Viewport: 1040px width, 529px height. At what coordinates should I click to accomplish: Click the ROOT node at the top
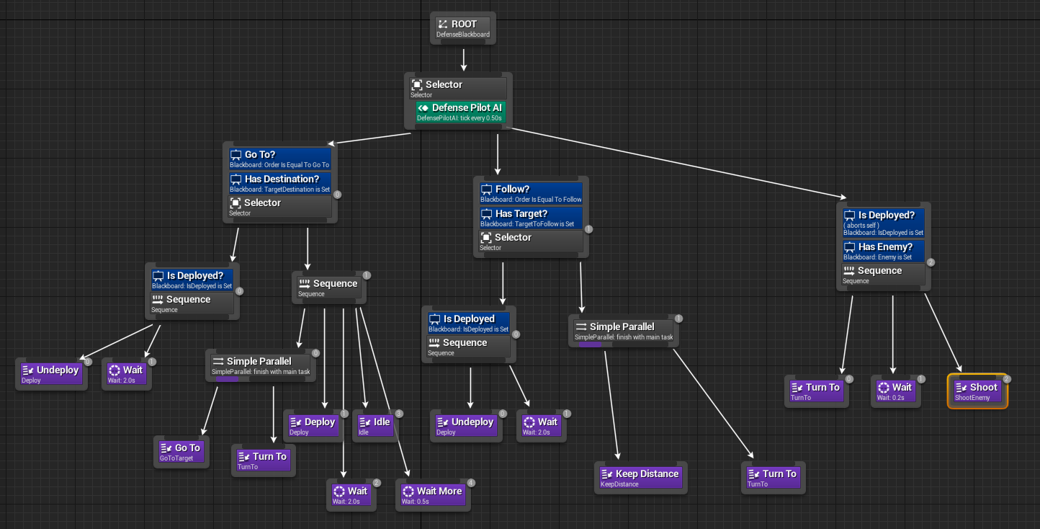click(x=463, y=28)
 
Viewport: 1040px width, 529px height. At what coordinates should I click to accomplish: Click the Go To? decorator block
click(x=279, y=159)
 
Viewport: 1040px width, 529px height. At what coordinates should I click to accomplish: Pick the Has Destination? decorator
click(x=279, y=183)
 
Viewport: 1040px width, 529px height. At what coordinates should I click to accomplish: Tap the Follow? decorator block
click(x=531, y=193)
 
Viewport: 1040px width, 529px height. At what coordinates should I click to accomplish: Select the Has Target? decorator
click(x=531, y=218)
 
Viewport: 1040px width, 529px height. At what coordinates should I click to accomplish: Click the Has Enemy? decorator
click(x=883, y=251)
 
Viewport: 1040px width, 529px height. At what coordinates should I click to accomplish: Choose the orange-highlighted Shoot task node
click(x=977, y=391)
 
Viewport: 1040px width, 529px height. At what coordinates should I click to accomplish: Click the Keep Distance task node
click(x=642, y=478)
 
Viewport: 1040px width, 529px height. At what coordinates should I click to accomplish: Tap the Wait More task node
click(x=433, y=495)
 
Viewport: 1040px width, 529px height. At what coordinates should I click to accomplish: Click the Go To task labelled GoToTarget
click(x=181, y=452)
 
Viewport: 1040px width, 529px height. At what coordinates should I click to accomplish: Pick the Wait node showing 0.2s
click(x=895, y=391)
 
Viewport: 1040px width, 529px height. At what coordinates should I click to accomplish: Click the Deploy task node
click(x=314, y=426)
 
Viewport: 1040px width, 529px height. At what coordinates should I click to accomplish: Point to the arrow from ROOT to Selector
click(x=463, y=59)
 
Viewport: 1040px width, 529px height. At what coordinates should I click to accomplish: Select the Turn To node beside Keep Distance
click(x=773, y=478)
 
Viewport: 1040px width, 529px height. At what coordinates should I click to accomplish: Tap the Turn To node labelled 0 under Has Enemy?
click(x=816, y=391)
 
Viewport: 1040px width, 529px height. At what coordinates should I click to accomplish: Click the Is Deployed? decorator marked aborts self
click(x=883, y=222)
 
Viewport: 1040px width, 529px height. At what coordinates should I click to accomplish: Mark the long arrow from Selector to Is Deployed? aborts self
click(x=677, y=162)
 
